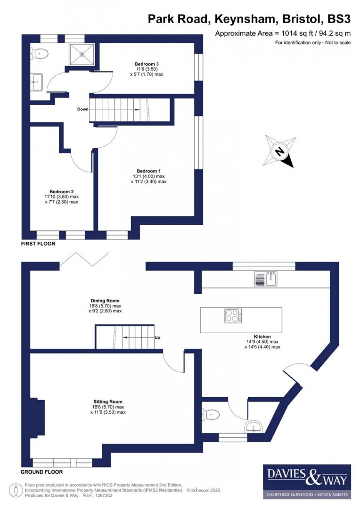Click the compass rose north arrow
coord(280,151)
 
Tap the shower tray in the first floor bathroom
coord(82,54)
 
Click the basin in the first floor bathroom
coord(37,81)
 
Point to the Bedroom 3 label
coord(147,64)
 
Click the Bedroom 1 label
coord(148,171)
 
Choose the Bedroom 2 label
coord(61,191)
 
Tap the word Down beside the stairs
coord(83,109)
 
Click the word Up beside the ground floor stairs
coord(157,337)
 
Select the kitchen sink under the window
coord(266,279)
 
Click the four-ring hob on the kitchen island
coord(233,316)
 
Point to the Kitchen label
coord(262,337)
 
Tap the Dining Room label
coord(105,301)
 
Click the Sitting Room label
coord(108,402)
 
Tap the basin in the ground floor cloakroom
coord(253,427)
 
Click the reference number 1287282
coord(103,495)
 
